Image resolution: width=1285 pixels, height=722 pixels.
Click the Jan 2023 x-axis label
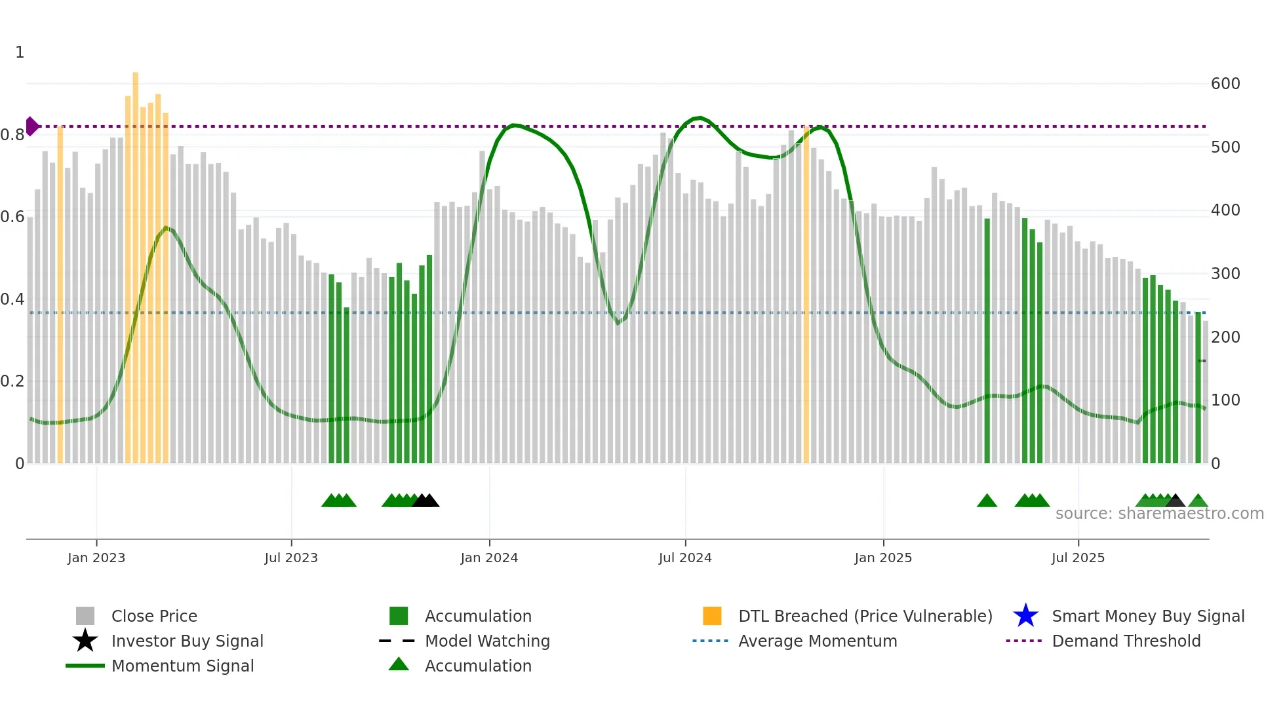pyautogui.click(x=96, y=558)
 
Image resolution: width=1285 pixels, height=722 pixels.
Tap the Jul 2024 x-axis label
pyautogui.click(x=685, y=558)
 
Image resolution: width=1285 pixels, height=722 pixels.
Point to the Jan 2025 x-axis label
pyautogui.click(x=883, y=558)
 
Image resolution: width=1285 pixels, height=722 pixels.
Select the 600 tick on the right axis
pyautogui.click(x=1225, y=84)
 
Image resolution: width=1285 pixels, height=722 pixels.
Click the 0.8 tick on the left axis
pyautogui.click(x=12, y=135)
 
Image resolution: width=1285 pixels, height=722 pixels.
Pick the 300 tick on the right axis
pyautogui.click(x=1225, y=274)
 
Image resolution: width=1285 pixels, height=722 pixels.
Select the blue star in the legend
pyautogui.click(x=1025, y=616)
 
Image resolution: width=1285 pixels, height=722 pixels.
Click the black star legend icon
pyautogui.click(x=85, y=641)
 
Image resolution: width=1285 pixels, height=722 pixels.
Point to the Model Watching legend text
pyautogui.click(x=487, y=641)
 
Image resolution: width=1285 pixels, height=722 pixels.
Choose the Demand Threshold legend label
pyautogui.click(x=1126, y=641)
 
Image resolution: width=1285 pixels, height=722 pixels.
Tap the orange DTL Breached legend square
pyautogui.click(x=712, y=616)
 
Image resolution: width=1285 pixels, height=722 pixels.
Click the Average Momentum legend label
pyautogui.click(x=818, y=641)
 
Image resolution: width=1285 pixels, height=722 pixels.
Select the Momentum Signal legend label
pyautogui.click(x=182, y=666)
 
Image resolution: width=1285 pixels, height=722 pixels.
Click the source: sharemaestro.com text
pyautogui.click(x=1159, y=514)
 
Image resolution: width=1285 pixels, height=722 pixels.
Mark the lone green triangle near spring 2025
pyautogui.click(x=987, y=501)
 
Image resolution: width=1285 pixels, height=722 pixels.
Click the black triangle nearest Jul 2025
pyautogui.click(x=1175, y=501)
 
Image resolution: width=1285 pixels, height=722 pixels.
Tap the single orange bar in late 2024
pyautogui.click(x=806, y=295)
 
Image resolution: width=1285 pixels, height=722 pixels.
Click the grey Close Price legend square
pyautogui.click(x=85, y=616)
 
